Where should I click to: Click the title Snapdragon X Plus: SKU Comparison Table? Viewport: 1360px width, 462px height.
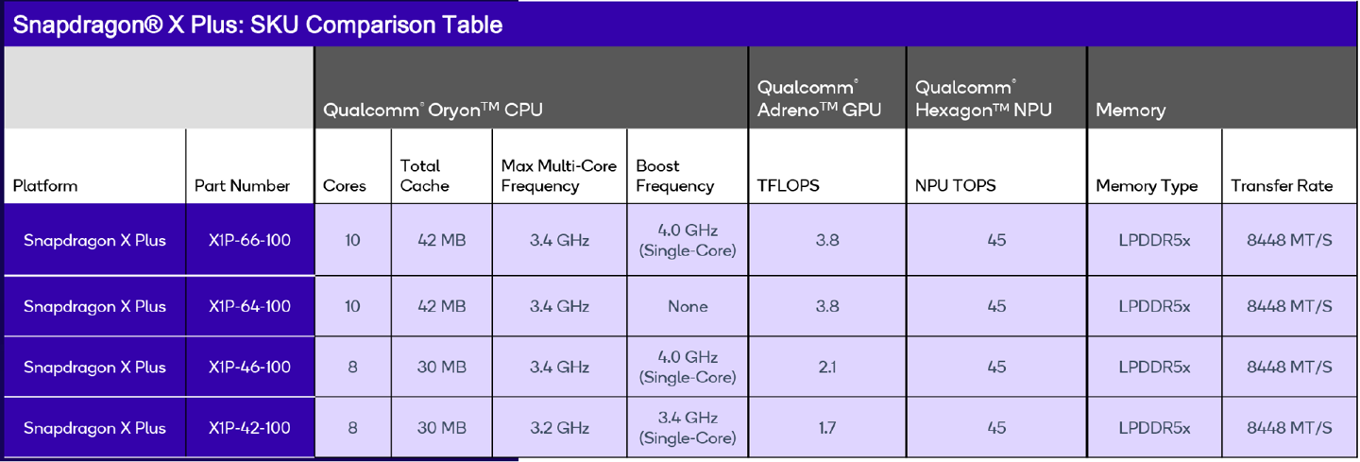pos(257,25)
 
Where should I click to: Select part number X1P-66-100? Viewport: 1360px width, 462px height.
pos(249,240)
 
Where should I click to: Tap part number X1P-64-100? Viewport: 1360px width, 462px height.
pos(249,306)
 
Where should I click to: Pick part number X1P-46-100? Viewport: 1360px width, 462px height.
pos(249,367)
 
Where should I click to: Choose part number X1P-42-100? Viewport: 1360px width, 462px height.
pos(249,428)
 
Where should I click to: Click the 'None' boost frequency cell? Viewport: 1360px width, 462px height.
pos(687,306)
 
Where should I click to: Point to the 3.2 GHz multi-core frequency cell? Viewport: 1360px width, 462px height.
pos(559,428)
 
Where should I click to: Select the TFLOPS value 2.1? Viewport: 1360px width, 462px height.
pos(826,367)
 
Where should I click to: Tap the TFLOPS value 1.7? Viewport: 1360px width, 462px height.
pos(826,428)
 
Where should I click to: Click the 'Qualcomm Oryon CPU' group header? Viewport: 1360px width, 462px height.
pos(433,110)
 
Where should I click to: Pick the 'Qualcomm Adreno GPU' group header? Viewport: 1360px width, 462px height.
pos(819,98)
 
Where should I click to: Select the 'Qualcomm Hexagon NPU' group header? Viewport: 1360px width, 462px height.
pos(983,98)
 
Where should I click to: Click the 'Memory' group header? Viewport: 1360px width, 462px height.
pos(1130,110)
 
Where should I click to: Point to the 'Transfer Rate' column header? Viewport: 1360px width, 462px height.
pos(1282,185)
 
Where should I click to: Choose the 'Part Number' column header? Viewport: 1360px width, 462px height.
pos(242,185)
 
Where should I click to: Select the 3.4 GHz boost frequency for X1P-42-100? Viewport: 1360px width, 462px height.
pos(687,428)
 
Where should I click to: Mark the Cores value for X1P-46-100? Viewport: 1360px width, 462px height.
pos(352,367)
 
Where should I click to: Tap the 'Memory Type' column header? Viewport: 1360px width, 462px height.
pos(1147,185)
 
